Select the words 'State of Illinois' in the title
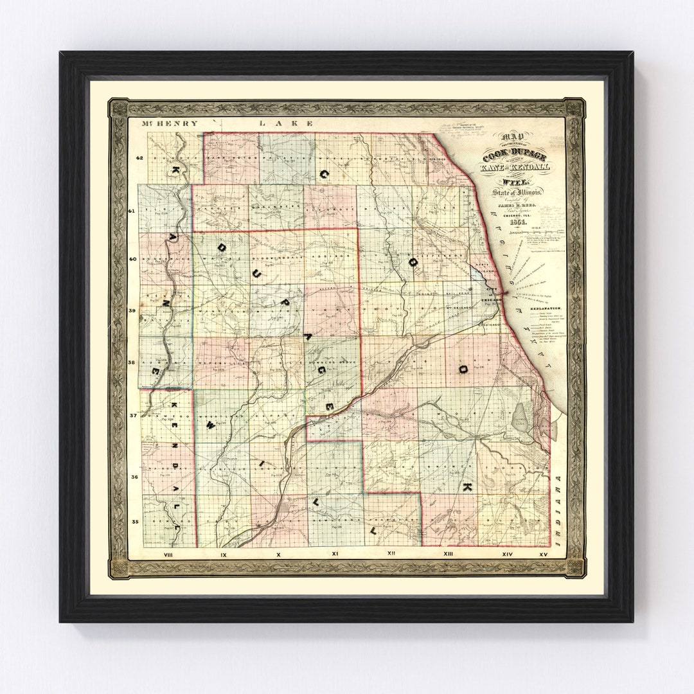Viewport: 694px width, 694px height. (517, 192)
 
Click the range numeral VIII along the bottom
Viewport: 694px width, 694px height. (168, 553)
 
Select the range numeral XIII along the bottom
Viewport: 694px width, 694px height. (449, 553)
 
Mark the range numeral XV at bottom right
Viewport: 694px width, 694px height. (544, 553)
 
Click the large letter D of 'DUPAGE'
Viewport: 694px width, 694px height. (222, 247)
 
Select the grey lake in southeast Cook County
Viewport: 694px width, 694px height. (520, 418)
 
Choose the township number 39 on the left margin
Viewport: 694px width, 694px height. (133, 310)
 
